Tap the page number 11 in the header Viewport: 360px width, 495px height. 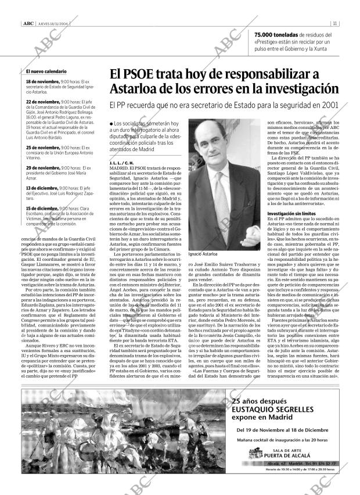tap(336, 24)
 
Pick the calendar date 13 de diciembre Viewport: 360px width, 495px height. tap(42, 189)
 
